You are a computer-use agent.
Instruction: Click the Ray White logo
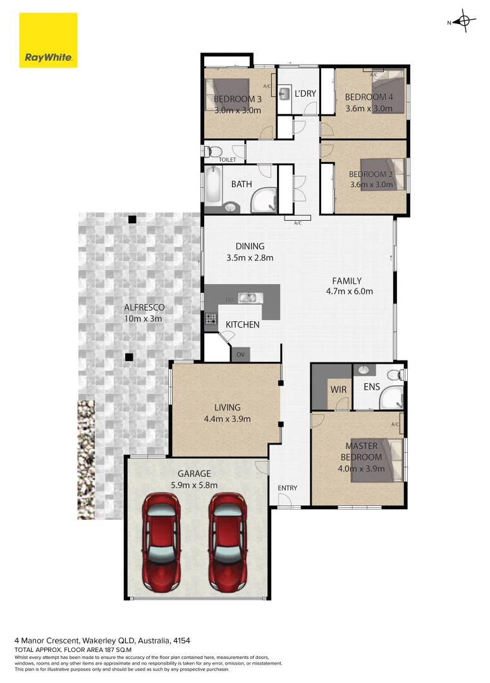click(x=49, y=40)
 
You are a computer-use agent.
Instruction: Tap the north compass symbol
click(x=465, y=22)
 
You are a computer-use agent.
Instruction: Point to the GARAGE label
click(x=194, y=473)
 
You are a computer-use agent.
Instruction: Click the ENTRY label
click(x=287, y=488)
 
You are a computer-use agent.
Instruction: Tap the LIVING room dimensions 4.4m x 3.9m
click(x=227, y=419)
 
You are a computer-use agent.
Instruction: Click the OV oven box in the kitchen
click(x=240, y=354)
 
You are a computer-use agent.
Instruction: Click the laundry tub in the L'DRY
click(x=284, y=94)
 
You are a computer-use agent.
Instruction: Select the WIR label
click(x=338, y=390)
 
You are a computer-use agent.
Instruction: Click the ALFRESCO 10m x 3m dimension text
click(x=144, y=319)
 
